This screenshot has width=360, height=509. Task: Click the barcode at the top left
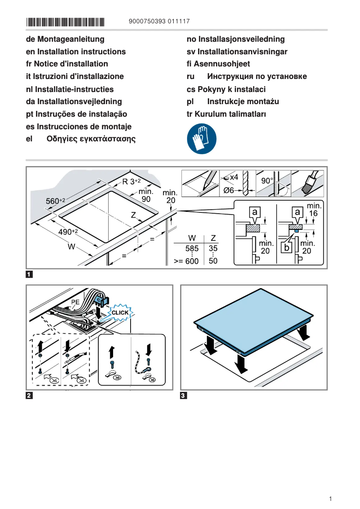pyautogui.click(x=65, y=22)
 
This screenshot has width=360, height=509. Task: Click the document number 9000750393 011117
pyautogui.click(x=159, y=21)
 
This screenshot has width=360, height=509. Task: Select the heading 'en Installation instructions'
pyautogui.click(x=76, y=52)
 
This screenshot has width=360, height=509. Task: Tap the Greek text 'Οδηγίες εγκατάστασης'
pyautogui.click(x=91, y=139)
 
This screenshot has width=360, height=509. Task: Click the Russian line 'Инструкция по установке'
pyautogui.click(x=257, y=76)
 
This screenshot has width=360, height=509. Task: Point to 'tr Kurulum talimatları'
pyautogui.click(x=226, y=114)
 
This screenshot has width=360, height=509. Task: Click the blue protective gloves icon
pyautogui.click(x=201, y=139)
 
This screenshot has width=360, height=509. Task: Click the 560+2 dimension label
pyautogui.click(x=56, y=201)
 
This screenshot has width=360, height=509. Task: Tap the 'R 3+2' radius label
pyautogui.click(x=132, y=182)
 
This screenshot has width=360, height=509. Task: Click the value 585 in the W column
pyautogui.click(x=192, y=248)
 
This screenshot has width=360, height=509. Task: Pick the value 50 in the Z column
pyautogui.click(x=213, y=261)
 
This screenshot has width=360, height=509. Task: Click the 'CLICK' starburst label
pyautogui.click(x=120, y=312)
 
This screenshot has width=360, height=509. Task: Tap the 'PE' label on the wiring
pyautogui.click(x=75, y=303)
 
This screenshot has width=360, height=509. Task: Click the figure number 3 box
pyautogui.click(x=183, y=396)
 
